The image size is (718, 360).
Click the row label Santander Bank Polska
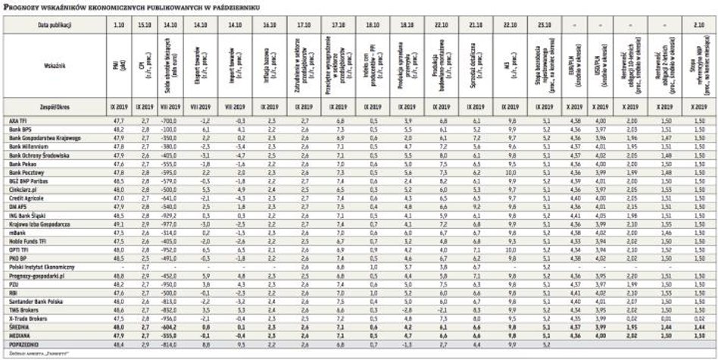(x=33, y=301)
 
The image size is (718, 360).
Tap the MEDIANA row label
(x=20, y=335)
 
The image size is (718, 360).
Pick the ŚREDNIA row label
(x=19, y=326)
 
